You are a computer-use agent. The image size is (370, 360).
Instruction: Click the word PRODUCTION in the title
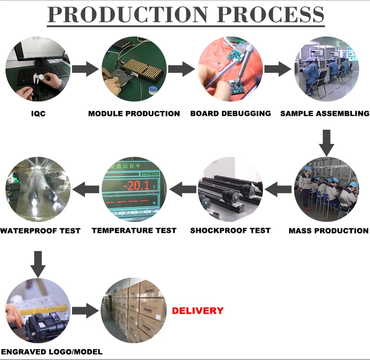pos(128,15)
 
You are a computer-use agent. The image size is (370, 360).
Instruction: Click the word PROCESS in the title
pos(270,15)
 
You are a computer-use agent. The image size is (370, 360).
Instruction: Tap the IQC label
pos(37,113)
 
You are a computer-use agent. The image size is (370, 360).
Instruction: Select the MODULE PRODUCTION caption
pos(134,113)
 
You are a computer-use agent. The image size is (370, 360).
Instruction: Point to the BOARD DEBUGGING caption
pos(230,113)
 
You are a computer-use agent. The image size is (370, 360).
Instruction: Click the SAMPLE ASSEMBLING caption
pos(325,113)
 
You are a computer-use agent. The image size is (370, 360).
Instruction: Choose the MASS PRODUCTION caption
pos(328,230)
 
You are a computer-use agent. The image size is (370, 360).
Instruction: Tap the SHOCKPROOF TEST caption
pos(230,230)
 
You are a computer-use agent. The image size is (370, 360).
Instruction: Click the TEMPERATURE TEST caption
pos(134,230)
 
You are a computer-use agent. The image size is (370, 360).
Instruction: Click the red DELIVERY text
pos(197,311)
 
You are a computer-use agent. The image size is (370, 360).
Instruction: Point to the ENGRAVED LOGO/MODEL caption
pos(52,352)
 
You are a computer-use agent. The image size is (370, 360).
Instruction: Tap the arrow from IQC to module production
pos(85,69)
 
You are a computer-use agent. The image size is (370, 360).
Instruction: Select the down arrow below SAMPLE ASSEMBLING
pos(326,143)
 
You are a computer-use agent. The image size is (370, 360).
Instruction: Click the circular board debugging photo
pos(230,69)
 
